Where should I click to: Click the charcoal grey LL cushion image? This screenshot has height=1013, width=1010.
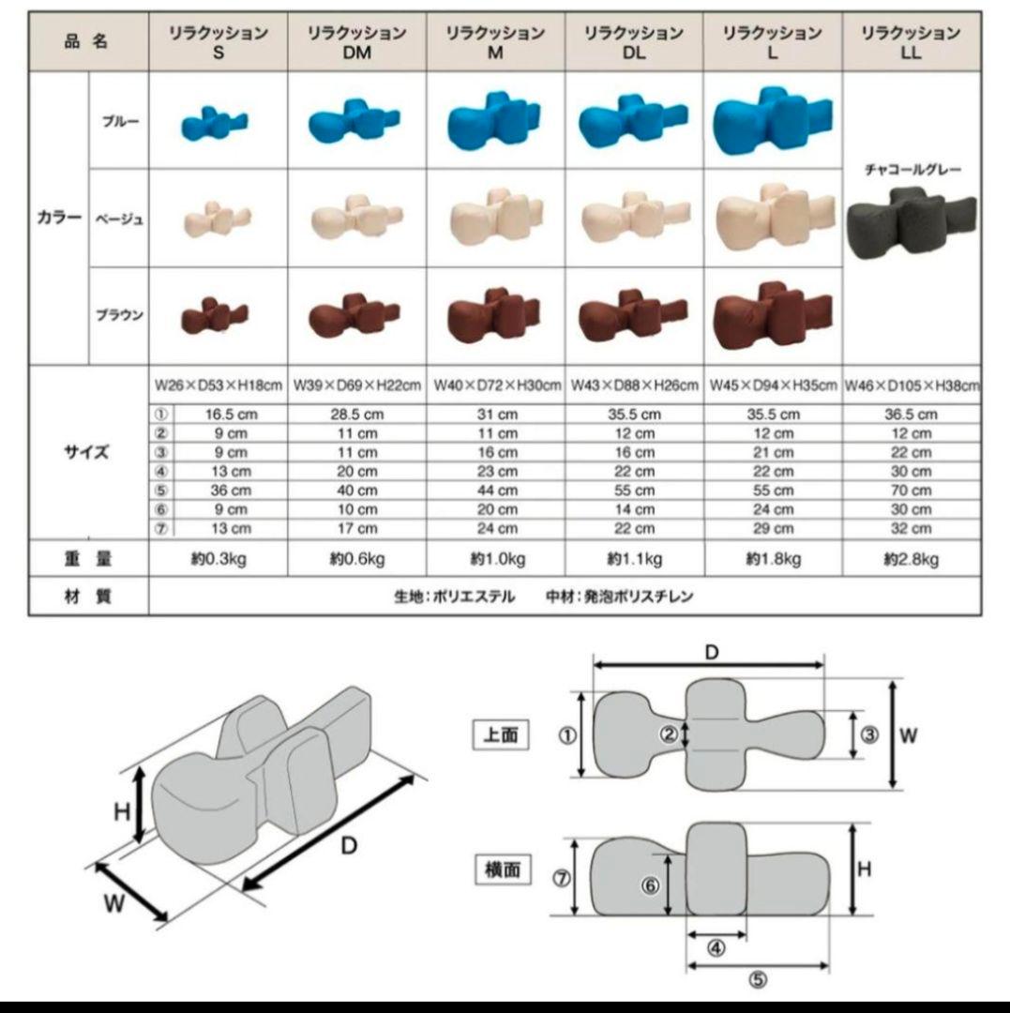[x=911, y=222]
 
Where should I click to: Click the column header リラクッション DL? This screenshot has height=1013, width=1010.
[x=633, y=42]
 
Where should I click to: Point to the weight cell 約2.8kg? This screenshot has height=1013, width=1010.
[x=911, y=560]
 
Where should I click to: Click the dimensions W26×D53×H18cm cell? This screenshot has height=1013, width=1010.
[x=218, y=386]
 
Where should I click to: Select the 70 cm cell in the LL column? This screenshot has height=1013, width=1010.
[x=911, y=490]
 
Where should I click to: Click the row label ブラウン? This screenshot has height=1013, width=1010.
[x=119, y=315]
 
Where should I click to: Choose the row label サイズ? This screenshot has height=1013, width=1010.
[x=87, y=452]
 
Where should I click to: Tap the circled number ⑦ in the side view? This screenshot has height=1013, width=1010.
[x=562, y=879]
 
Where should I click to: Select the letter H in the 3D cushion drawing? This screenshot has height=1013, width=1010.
[x=122, y=811]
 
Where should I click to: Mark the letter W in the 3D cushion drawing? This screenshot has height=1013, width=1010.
[x=114, y=904]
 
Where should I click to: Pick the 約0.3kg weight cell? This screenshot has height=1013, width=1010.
[x=218, y=560]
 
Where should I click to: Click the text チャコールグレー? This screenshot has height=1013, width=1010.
[x=911, y=171]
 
